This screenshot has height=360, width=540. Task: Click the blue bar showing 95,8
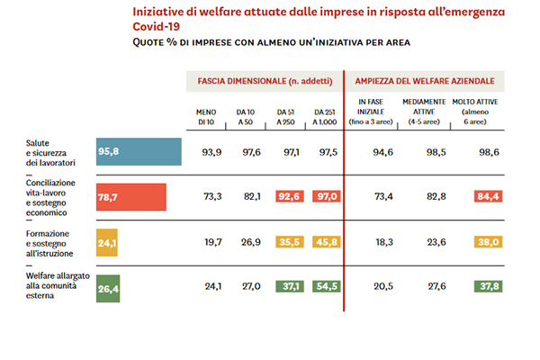coord(139,152)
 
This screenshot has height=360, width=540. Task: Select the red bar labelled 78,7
coord(131,196)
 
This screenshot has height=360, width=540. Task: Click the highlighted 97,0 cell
coord(326,196)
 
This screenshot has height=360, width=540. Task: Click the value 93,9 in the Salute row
coord(211,152)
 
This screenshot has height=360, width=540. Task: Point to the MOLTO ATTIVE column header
coord(481,111)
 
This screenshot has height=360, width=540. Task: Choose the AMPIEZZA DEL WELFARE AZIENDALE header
coord(427,81)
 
